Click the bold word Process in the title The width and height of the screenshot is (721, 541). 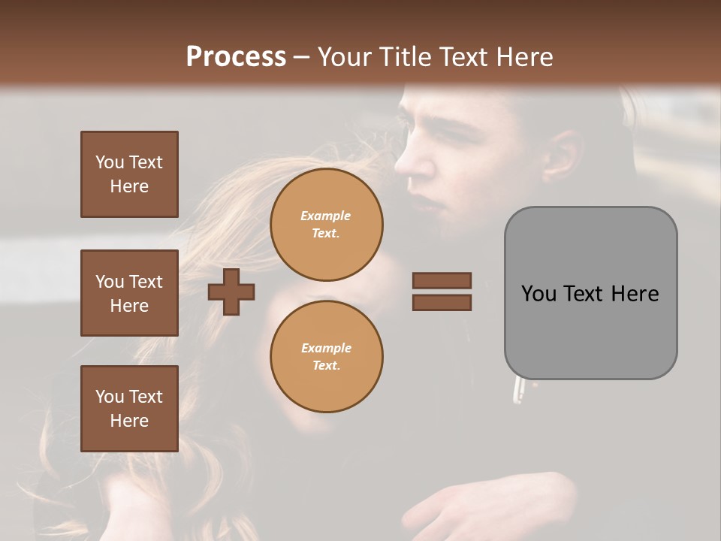pyautogui.click(x=236, y=56)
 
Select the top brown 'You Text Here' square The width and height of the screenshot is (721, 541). pyautogui.click(x=129, y=174)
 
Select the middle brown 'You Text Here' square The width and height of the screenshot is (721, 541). pyautogui.click(x=129, y=293)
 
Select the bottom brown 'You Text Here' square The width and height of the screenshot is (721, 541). pyautogui.click(x=129, y=409)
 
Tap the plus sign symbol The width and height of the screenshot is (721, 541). pyautogui.click(x=231, y=292)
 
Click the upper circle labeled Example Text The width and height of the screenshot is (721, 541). pyautogui.click(x=326, y=225)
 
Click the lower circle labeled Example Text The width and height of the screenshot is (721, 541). pyautogui.click(x=326, y=357)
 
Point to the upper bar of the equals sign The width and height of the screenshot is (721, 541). pyautogui.click(x=442, y=280)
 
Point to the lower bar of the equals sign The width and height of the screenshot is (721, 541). pyautogui.click(x=442, y=303)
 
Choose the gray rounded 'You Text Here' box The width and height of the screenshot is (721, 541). pyautogui.click(x=590, y=293)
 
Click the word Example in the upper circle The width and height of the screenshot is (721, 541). pyautogui.click(x=326, y=216)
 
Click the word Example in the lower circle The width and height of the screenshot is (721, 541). pyautogui.click(x=326, y=348)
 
